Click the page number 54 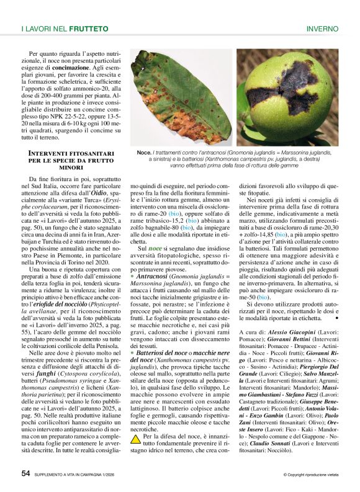coord(26,473)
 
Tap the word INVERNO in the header coord(323,29)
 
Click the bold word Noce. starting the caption coord(144,152)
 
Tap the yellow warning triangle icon coord(135,422)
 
